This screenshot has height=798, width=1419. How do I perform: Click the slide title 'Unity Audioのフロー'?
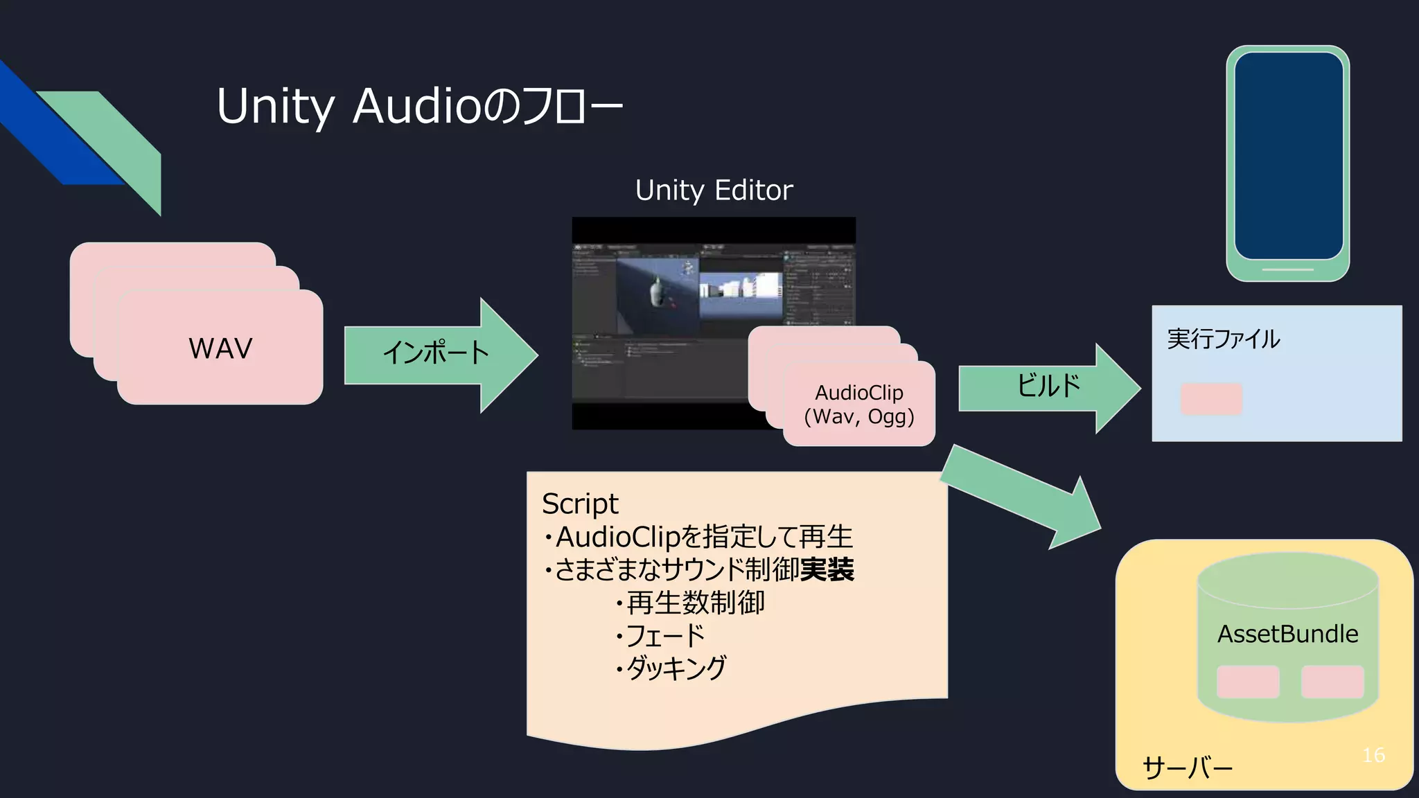(419, 107)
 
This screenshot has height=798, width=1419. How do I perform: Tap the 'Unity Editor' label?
(714, 190)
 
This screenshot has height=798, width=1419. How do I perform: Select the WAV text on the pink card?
(220, 348)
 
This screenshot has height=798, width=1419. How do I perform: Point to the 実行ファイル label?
(1223, 339)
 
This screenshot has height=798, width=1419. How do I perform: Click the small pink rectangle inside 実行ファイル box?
(1211, 399)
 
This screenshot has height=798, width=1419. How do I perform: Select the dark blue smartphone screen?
(1288, 156)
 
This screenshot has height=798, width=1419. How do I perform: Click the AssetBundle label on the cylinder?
(1288, 634)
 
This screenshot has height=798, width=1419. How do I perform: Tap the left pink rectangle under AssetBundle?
(1248, 682)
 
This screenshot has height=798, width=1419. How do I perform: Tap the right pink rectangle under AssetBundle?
(1332, 682)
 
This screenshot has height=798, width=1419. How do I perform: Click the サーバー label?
(1187, 768)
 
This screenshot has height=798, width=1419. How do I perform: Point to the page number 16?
(1373, 755)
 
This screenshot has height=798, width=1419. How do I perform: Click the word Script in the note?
(580, 504)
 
